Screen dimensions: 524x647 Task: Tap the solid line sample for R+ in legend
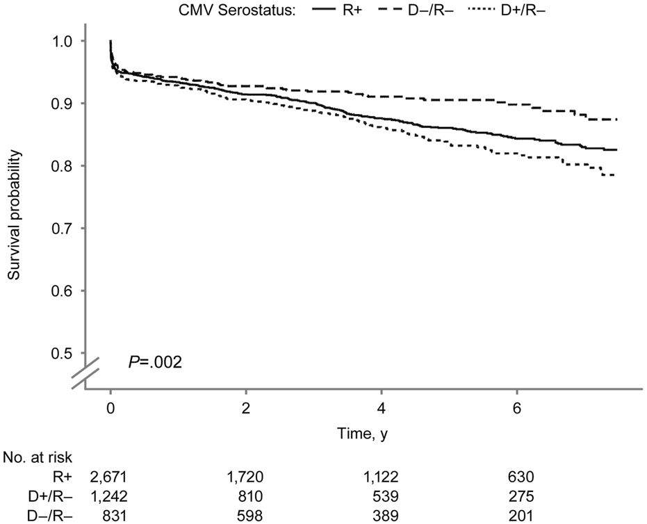point(349,10)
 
